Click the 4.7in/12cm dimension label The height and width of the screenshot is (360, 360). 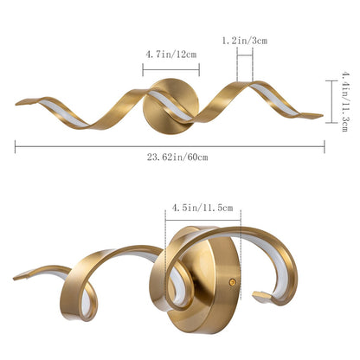pyautogui.click(x=170, y=54)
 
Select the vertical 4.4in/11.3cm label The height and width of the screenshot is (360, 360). pyautogui.click(x=344, y=102)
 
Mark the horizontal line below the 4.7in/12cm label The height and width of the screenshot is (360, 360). pyautogui.click(x=170, y=64)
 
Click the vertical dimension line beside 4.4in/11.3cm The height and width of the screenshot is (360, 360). pyautogui.click(x=330, y=102)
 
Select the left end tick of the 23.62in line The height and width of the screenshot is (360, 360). pyautogui.click(x=16, y=147)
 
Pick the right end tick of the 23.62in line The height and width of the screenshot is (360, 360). pyautogui.click(x=325, y=147)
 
